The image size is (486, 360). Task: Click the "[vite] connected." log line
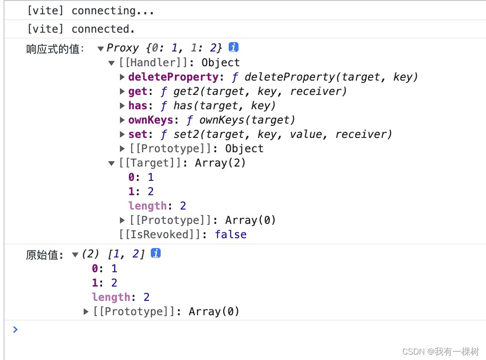click(81, 29)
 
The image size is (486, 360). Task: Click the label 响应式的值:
click(55, 49)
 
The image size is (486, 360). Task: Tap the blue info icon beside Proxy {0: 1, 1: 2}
click(233, 47)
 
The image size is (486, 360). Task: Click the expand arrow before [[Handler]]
click(112, 63)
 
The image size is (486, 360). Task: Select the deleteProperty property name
click(173, 77)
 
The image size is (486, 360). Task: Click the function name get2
click(184, 91)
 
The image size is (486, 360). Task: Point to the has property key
click(137, 106)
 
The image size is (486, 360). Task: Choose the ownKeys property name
click(150, 120)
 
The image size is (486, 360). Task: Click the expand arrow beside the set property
click(123, 134)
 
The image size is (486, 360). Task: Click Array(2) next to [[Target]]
click(221, 163)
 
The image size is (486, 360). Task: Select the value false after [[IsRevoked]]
click(230, 235)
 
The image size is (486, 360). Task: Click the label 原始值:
click(45, 255)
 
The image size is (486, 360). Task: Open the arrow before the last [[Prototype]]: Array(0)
click(86, 312)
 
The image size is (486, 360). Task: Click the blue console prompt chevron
click(16, 330)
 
